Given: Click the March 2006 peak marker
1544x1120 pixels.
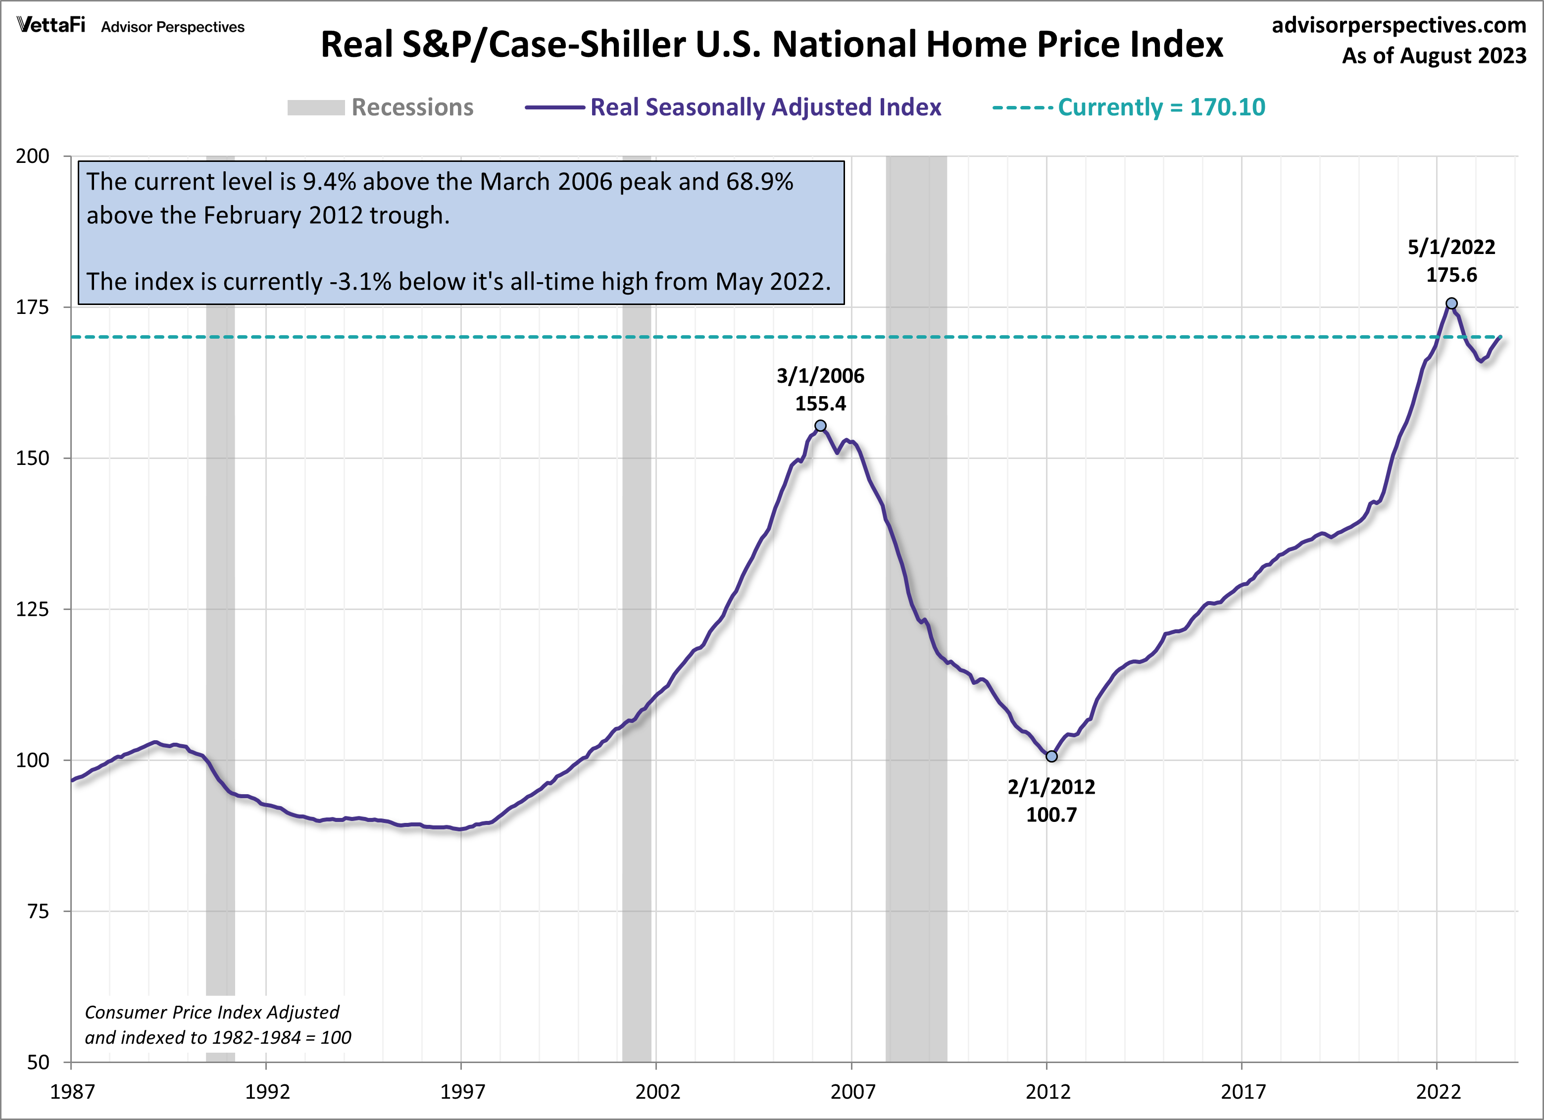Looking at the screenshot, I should coord(820,425).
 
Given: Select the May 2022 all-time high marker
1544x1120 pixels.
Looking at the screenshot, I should coord(1451,303).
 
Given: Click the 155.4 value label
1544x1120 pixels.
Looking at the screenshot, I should coord(820,404).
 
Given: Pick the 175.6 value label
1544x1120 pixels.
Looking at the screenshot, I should coord(1451,275).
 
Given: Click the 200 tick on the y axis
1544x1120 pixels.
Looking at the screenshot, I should coord(33,156).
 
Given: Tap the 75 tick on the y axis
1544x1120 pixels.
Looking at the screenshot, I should coord(38,911).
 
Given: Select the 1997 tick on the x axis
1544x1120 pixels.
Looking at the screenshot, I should coord(462,1091).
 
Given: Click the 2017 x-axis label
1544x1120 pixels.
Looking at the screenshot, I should coord(1243,1091).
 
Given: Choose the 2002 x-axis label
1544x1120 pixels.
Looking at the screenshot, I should coord(657,1091).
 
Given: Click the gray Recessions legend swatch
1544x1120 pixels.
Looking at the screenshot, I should coord(316,107).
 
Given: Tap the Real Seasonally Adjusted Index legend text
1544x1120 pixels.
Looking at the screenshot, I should coord(765,107).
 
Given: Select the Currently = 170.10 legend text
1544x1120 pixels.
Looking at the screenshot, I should coord(1161,107).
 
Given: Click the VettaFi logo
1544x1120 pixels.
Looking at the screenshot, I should coord(51,25).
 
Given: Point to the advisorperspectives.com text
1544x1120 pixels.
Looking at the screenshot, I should coord(1398,25).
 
